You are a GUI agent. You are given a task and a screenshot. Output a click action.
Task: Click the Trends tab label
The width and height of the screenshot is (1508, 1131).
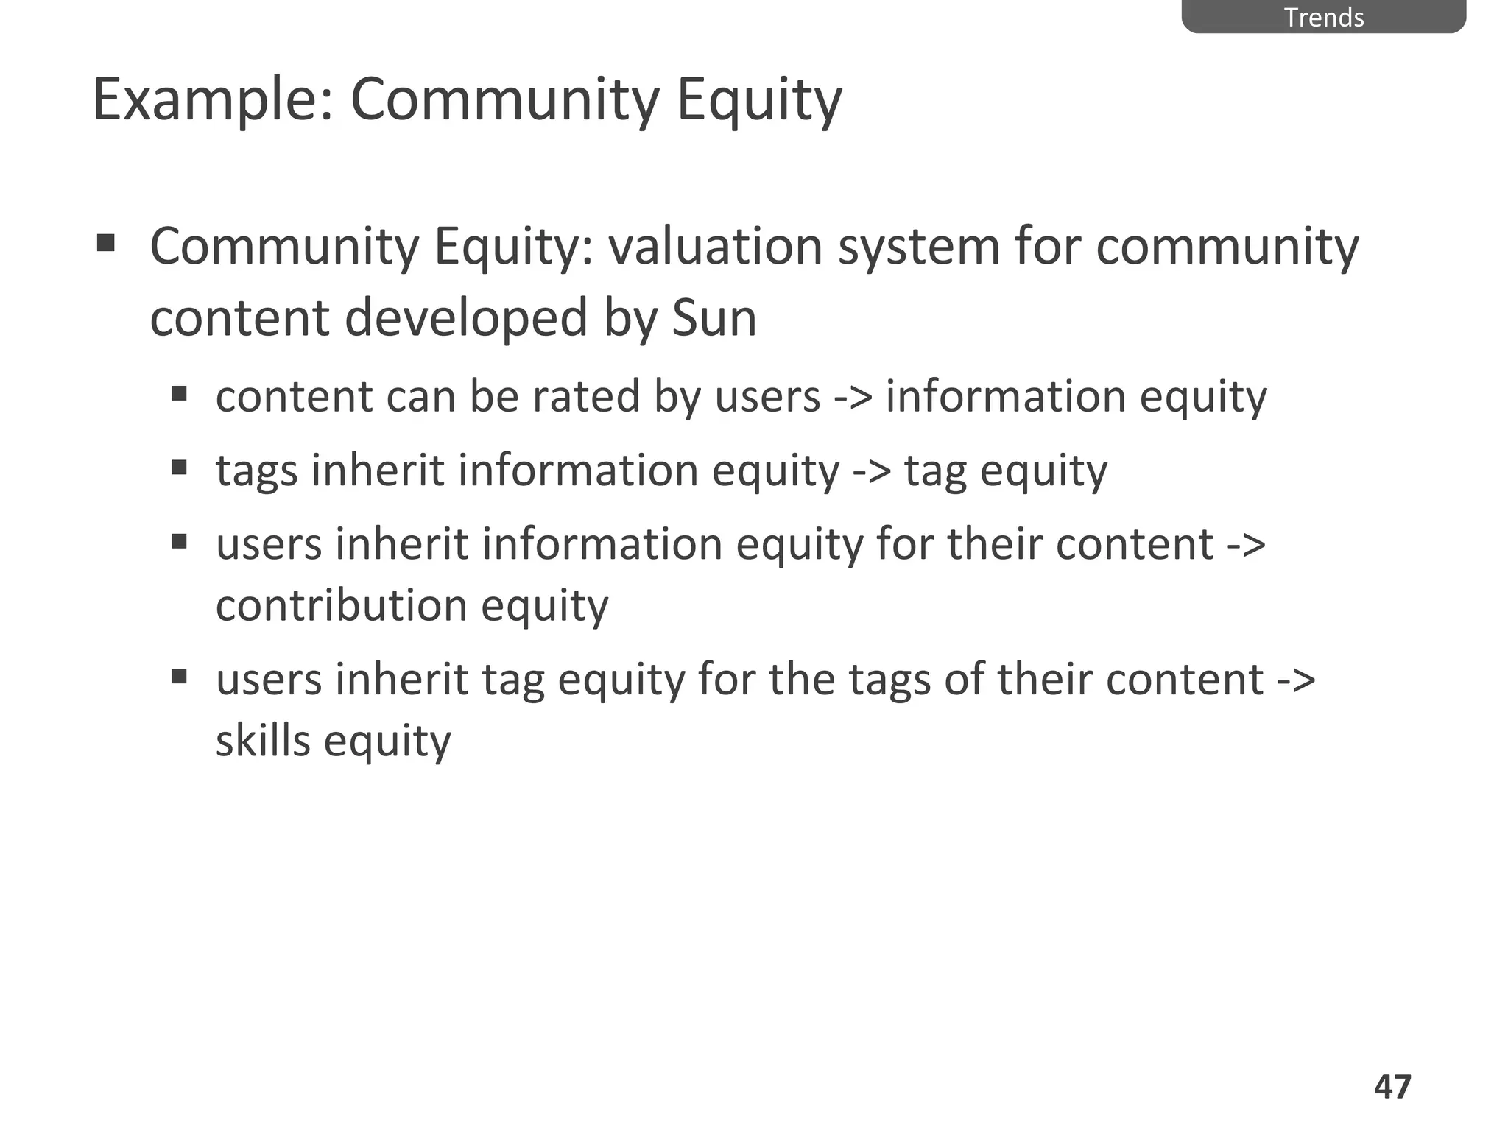(1323, 17)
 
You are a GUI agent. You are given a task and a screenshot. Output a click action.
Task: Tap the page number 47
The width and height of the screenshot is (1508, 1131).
(1392, 1087)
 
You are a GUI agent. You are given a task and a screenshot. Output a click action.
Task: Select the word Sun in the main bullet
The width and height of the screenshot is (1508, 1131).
(714, 318)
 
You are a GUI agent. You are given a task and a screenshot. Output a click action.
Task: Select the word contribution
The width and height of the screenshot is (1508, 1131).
(342, 605)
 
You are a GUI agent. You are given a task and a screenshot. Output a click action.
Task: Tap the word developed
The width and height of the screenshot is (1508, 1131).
(466, 318)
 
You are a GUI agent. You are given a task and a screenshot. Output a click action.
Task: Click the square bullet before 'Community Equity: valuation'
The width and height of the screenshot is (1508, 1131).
(105, 242)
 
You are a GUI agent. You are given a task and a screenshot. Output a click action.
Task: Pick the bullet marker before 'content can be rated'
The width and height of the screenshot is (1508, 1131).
(179, 392)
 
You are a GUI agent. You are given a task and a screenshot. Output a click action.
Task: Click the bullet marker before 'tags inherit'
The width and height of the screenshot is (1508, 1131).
(179, 467)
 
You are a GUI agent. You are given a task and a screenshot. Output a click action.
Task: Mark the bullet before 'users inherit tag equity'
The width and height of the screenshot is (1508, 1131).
(179, 675)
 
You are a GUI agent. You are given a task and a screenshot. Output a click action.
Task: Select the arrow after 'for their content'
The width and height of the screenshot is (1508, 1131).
(1247, 545)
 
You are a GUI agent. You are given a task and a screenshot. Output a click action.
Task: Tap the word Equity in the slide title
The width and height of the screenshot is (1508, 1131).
(758, 101)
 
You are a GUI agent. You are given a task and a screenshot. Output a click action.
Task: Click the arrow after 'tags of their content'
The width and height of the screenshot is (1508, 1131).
(1296, 679)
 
